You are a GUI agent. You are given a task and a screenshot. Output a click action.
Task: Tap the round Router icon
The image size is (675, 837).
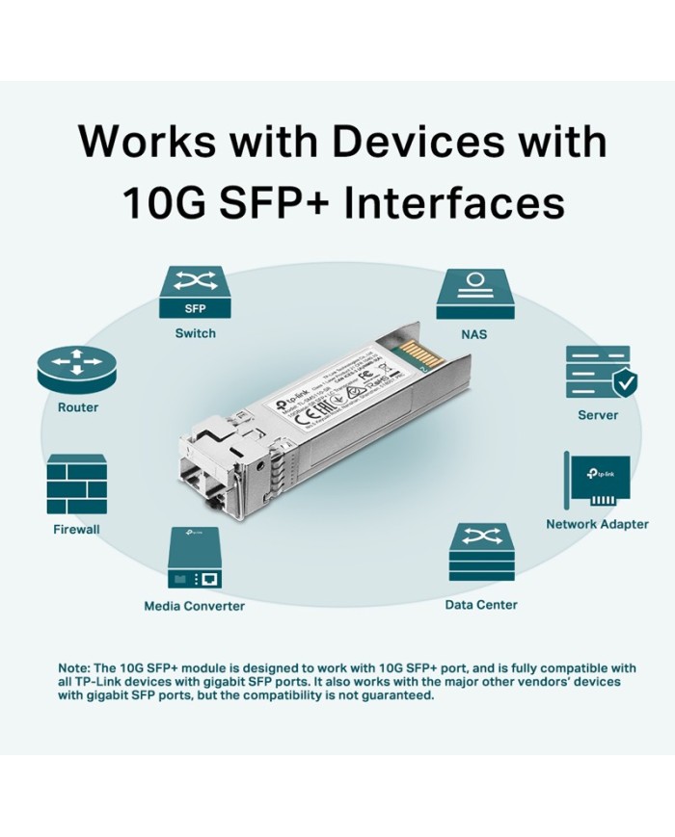pyautogui.click(x=77, y=368)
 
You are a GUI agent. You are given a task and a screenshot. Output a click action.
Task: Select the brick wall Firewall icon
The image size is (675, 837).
pyautogui.click(x=76, y=484)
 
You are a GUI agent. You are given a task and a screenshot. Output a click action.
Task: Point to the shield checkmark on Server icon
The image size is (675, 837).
pyautogui.click(x=625, y=383)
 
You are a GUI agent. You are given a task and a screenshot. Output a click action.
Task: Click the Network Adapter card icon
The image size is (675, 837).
pyautogui.click(x=597, y=483)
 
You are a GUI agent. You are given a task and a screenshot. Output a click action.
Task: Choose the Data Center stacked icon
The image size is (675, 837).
pyautogui.click(x=481, y=559)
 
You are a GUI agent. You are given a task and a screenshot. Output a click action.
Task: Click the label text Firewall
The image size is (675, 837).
pyautogui.click(x=76, y=529)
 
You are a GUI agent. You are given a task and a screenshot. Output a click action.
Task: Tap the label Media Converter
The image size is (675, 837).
pyautogui.click(x=194, y=606)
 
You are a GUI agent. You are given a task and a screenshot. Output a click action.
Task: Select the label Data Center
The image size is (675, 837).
pyautogui.click(x=481, y=605)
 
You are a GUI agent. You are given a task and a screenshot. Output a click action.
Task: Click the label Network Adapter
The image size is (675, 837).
pyautogui.click(x=597, y=525)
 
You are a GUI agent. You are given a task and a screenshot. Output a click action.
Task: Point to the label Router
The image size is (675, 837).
pyautogui.click(x=77, y=407)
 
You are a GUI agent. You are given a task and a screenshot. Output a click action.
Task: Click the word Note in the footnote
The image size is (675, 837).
pyautogui.click(x=73, y=667)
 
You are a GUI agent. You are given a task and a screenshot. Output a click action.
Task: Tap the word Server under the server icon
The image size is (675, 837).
pyautogui.click(x=598, y=415)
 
